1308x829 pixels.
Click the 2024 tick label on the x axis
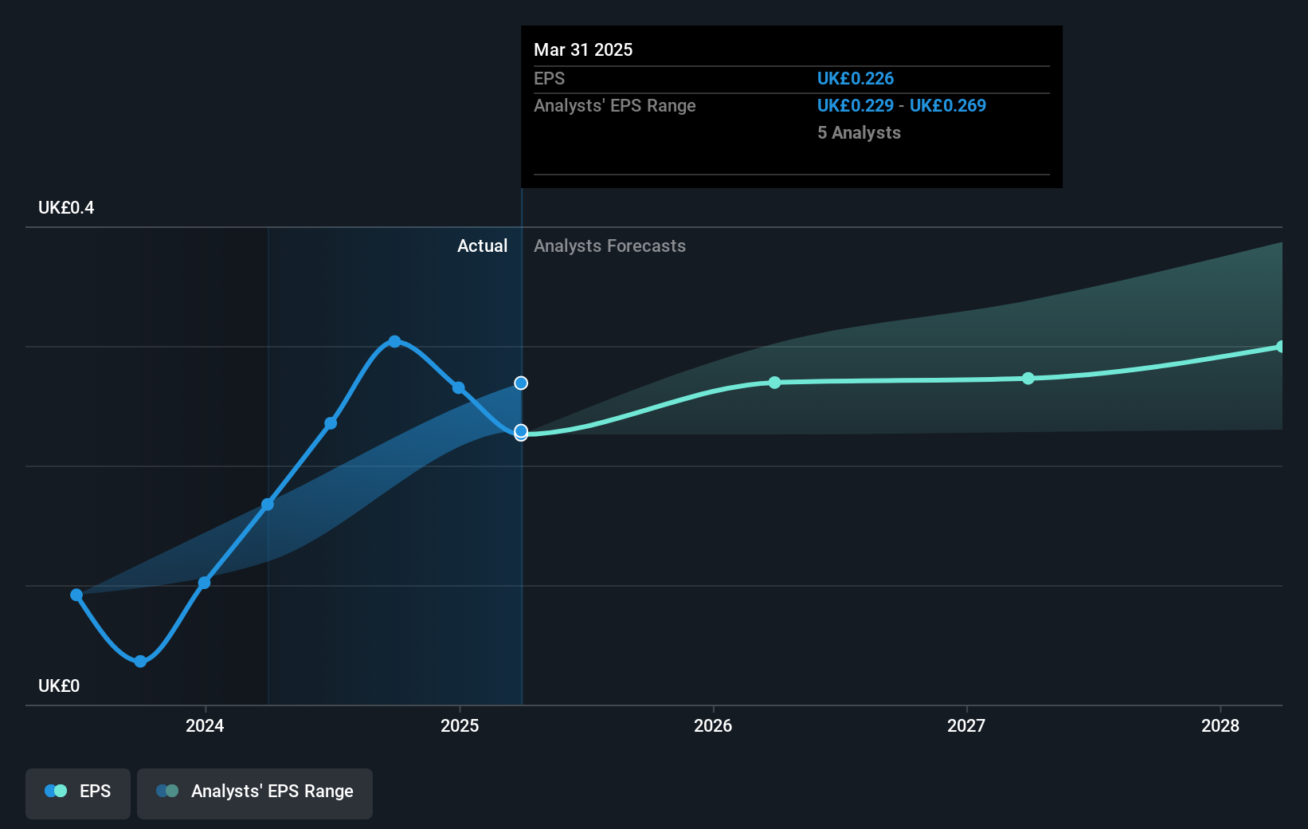(205, 725)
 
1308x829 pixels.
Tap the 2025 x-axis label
(460, 725)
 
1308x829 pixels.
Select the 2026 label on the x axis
(713, 725)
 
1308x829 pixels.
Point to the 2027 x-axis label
(966, 725)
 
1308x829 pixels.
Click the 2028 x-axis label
(1220, 725)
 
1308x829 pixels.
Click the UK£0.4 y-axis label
(66, 208)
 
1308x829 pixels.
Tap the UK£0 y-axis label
(59, 686)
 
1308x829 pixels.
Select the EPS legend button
(78, 792)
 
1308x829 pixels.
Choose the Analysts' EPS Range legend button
(255, 792)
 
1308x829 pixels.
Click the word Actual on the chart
(482, 246)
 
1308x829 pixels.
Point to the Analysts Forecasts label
(609, 246)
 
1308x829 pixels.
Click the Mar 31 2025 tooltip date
(583, 50)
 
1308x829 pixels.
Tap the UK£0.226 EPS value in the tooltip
(856, 79)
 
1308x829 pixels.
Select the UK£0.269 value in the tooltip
(948, 106)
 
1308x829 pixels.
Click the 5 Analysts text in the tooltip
(859, 133)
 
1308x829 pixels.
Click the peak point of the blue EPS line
(394, 341)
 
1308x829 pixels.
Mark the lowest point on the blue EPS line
(140, 662)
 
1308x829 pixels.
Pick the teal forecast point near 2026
(774, 383)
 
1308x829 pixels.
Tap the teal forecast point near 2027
(1028, 379)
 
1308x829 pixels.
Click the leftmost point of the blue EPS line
(76, 595)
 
